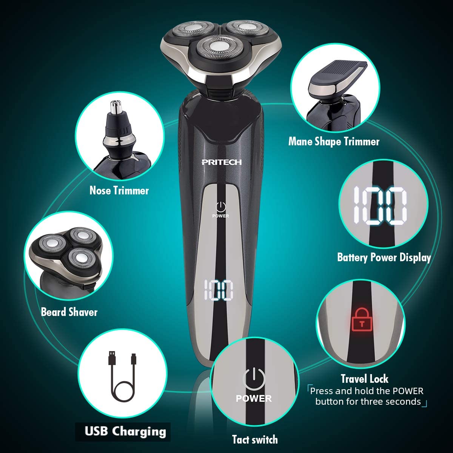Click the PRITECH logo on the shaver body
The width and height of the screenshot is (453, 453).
(222, 162)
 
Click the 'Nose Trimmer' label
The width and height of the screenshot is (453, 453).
(119, 190)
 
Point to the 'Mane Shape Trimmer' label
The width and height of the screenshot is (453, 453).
(334, 142)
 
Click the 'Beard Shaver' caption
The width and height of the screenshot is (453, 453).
(69, 312)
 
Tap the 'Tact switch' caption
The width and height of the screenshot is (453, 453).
(255, 439)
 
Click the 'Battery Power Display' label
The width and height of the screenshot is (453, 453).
(384, 257)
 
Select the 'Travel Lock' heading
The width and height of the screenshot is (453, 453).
(365, 379)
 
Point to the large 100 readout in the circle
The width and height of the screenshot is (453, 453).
(381, 206)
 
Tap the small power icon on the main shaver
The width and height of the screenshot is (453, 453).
(220, 207)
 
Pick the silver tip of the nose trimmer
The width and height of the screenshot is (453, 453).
(117, 107)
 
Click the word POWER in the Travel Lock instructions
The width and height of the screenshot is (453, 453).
(408, 391)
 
